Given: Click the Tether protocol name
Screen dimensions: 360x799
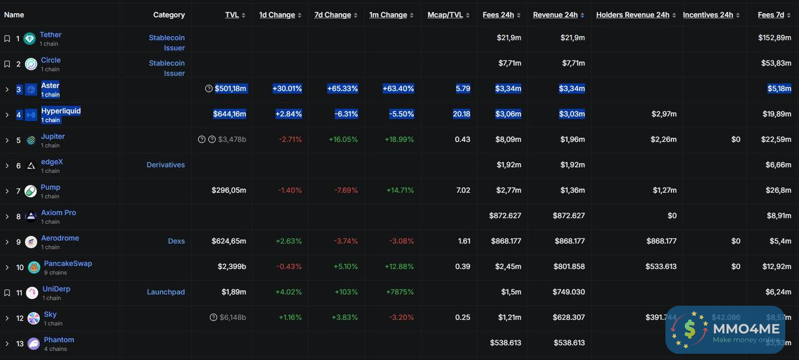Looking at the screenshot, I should tap(51, 35).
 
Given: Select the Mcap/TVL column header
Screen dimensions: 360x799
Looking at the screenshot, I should tap(445, 15).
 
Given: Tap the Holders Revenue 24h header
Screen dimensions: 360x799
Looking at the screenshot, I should tap(632, 15).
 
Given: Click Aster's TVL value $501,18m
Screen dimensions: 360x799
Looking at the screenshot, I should tap(230, 89).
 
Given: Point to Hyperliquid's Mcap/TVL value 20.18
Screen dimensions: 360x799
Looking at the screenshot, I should tap(462, 114).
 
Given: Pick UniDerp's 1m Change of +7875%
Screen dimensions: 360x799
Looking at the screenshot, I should tap(399, 292).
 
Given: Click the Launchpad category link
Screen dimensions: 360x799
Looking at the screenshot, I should tap(165, 292).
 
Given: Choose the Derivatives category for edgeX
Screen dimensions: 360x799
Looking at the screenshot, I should tap(165, 165).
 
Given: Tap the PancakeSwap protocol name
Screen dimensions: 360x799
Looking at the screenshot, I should tap(67, 263).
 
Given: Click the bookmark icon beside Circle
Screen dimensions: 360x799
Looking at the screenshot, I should tap(7, 64).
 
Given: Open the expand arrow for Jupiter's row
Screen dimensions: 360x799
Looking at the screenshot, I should tap(7, 140).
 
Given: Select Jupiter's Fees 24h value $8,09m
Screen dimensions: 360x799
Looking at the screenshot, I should tap(509, 139).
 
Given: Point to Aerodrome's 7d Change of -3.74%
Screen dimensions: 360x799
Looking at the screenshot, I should tap(346, 241).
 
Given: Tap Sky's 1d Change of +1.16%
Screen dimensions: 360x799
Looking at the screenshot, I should tap(290, 318).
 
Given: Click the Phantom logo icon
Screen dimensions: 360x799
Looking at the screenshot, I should tap(33, 343).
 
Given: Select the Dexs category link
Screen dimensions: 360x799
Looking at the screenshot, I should tap(176, 241).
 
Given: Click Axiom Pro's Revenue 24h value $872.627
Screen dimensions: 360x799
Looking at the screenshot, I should tap(569, 216).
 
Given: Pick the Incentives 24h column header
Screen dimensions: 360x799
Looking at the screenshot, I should tap(708, 15).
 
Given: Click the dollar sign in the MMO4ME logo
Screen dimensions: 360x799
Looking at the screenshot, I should tap(690, 329).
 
